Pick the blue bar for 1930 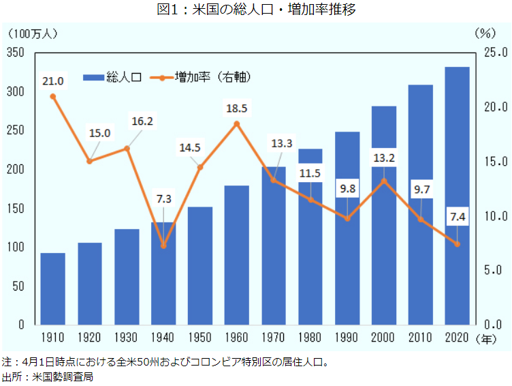pyautogui.click(x=127, y=276)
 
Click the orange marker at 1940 pyautogui.click(x=163, y=245)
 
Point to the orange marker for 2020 pyautogui.click(x=457, y=244)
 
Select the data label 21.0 pyautogui.click(x=52, y=81)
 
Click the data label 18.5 pyautogui.click(x=236, y=108)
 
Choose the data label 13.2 pyautogui.click(x=384, y=158)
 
